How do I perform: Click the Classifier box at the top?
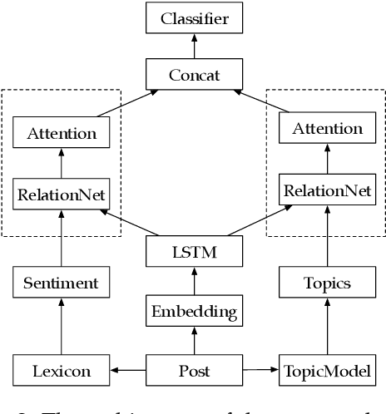194,17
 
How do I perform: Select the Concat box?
194,75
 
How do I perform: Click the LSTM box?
194,250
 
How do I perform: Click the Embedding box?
194,312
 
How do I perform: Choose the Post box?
194,371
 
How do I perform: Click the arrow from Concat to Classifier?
194,46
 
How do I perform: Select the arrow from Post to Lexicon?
128,371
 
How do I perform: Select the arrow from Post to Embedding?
194,341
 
